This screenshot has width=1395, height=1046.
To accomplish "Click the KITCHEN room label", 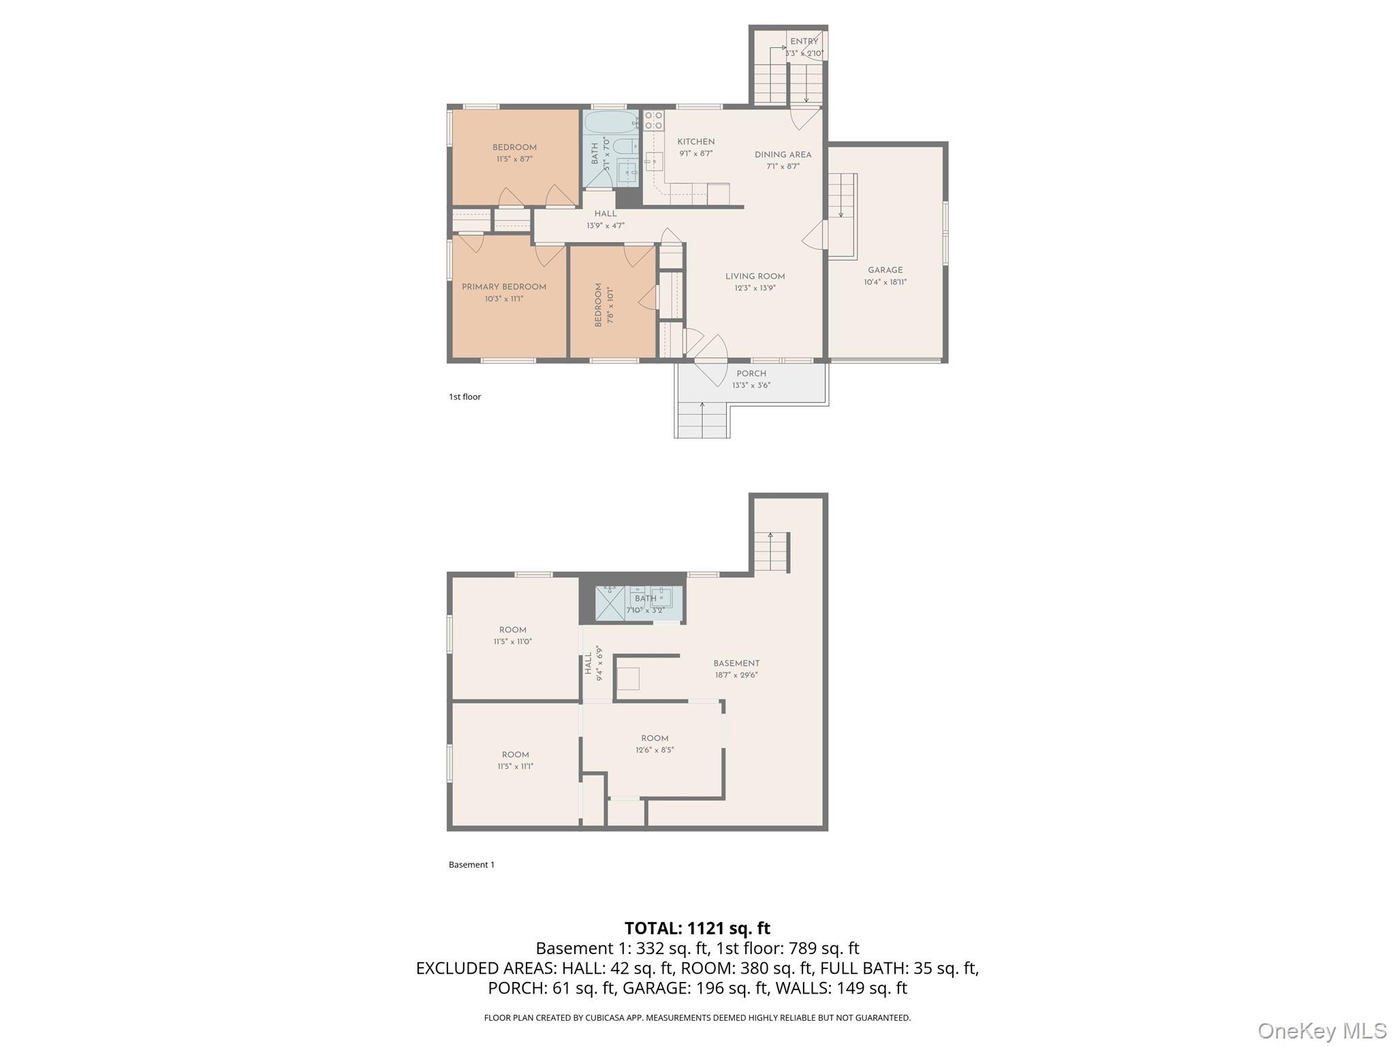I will click(x=695, y=142).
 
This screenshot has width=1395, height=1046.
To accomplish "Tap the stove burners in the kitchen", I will click(x=653, y=121).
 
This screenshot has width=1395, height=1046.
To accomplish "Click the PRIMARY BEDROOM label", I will click(x=503, y=287).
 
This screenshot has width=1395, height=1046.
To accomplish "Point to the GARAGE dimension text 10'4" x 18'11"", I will click(x=885, y=282).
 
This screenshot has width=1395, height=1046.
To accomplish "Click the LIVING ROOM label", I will click(x=755, y=276).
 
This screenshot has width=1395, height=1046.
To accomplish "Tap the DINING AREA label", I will click(x=783, y=155).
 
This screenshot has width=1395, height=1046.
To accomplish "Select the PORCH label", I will click(x=751, y=373).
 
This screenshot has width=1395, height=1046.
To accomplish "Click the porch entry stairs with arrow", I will click(x=702, y=419).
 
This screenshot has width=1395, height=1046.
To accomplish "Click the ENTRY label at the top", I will click(x=804, y=42).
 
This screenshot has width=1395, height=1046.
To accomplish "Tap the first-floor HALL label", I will click(x=605, y=214).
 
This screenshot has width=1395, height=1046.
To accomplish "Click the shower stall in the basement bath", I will click(x=610, y=603).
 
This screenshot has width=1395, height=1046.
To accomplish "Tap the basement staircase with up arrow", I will click(x=771, y=552).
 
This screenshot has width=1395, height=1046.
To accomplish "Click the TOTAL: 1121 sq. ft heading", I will click(x=697, y=928).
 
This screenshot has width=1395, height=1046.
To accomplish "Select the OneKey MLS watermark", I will click(x=1321, y=1030).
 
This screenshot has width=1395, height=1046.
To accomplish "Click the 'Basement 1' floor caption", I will click(x=471, y=865).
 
